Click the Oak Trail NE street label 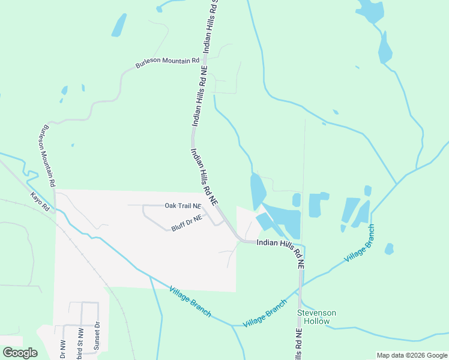[x=182, y=206]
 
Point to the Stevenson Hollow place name [x=316, y=317]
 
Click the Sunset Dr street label [x=96, y=340]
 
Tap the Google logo [x=20, y=353]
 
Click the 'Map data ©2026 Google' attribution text [x=411, y=355]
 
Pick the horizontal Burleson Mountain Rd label [x=167, y=62]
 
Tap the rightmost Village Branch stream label [x=360, y=243]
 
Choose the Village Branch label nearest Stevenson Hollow [x=265, y=313]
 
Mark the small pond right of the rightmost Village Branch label [x=389, y=248]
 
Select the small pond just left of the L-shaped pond [x=297, y=200]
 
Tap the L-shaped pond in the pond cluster [x=317, y=205]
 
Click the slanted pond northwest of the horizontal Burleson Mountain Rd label [x=119, y=25]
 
